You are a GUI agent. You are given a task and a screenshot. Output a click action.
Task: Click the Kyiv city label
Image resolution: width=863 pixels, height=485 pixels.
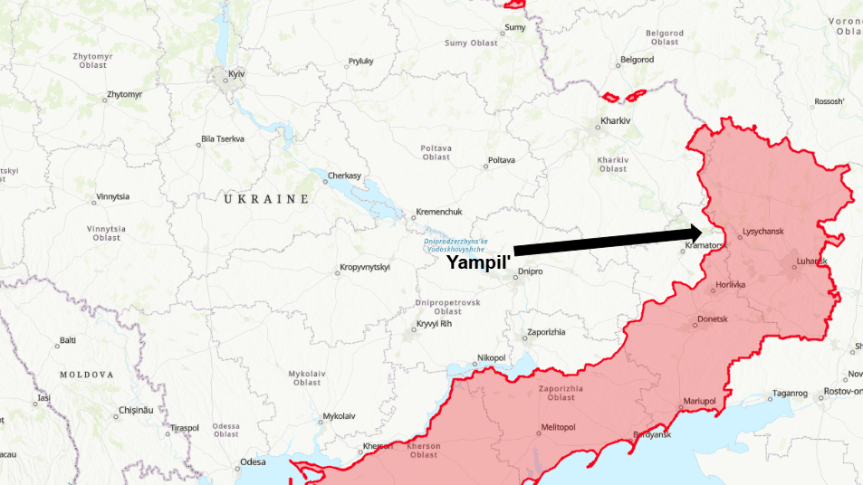[237, 72]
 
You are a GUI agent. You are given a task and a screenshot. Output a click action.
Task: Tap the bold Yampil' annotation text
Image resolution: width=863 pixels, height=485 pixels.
[478, 262]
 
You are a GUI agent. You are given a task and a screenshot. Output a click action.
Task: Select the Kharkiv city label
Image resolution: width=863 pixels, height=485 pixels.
[615, 120]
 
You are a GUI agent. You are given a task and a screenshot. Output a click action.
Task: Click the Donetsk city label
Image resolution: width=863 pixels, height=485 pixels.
[711, 320]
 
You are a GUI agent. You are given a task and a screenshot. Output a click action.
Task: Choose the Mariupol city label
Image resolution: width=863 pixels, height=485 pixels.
[699, 401]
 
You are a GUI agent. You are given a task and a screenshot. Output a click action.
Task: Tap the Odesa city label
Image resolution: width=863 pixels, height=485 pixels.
[253, 462]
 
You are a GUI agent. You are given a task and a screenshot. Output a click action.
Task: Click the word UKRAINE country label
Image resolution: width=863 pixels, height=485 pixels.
[266, 198]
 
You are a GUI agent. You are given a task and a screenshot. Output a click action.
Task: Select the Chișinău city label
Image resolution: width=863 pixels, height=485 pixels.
[137, 410]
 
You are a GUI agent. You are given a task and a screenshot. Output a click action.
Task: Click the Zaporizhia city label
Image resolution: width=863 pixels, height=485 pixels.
[545, 332]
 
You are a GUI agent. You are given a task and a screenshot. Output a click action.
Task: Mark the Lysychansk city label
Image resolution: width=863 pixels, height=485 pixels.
[762, 232]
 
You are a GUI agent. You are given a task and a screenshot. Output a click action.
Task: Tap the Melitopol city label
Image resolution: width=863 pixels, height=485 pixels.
[558, 427]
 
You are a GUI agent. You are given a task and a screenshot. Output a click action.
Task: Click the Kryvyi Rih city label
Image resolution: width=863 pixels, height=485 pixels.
[434, 324]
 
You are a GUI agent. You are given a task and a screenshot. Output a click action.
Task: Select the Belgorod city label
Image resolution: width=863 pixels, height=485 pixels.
[637, 60]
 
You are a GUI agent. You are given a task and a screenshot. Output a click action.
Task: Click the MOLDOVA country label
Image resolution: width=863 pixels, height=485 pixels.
[87, 374]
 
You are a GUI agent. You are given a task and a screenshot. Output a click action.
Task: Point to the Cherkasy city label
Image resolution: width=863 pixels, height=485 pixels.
[344, 175]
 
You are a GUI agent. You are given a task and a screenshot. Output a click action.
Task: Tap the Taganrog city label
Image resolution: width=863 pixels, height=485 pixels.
[788, 393]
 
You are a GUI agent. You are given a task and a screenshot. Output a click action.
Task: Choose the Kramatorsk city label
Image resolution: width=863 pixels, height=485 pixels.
[705, 245]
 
